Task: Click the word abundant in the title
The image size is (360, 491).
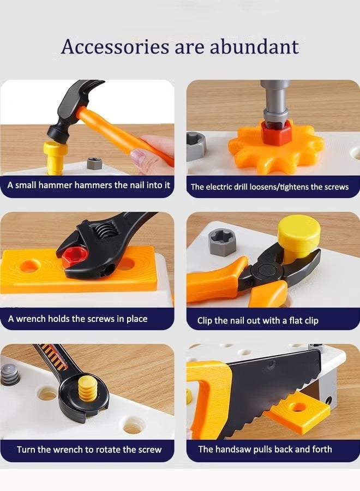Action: [x=254, y=47]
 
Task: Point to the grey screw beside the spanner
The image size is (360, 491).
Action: [x=10, y=375]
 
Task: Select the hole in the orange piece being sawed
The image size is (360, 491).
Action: [x=297, y=407]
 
